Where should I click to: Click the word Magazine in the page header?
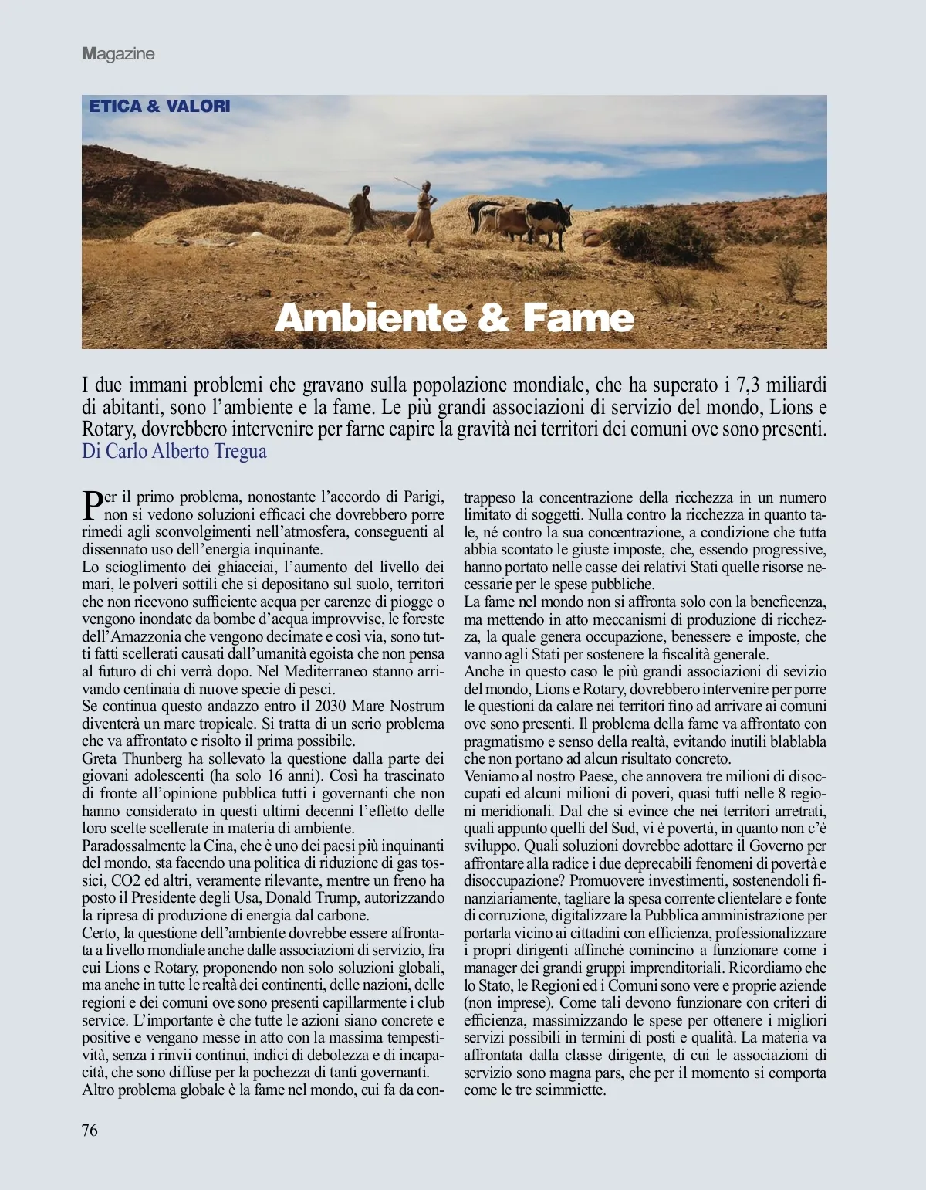tap(119, 54)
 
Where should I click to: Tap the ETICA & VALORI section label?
tap(160, 106)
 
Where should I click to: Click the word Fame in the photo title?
tap(578, 317)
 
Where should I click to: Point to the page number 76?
tap(90, 1131)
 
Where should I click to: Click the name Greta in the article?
tap(100, 758)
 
